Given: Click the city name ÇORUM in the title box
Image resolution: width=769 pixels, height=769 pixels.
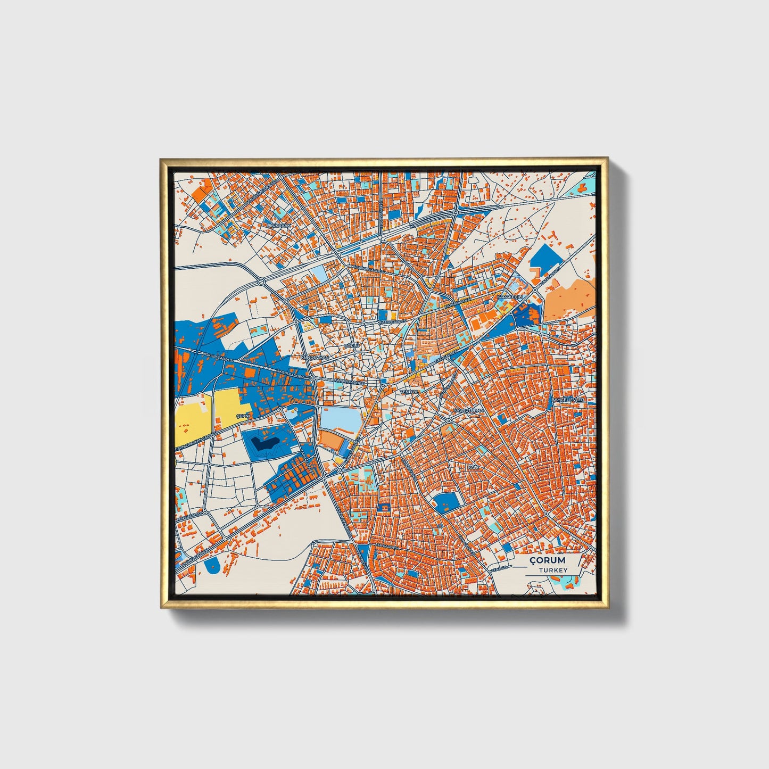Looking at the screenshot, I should tap(548, 560).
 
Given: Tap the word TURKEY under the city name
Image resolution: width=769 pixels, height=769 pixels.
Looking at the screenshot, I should tap(552, 570).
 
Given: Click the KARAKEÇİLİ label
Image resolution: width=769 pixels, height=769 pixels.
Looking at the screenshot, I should tap(510, 296).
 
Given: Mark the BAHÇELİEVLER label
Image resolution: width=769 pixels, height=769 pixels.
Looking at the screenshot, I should tap(568, 399).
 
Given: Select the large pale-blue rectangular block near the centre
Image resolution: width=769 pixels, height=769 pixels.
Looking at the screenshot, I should tap(339, 417).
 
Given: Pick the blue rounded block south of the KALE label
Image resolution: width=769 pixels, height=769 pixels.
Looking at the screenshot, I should tap(446, 501).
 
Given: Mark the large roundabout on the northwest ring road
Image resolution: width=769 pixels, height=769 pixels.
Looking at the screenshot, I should tap(261, 280).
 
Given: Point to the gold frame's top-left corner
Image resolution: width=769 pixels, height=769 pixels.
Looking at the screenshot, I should tap(161, 159).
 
